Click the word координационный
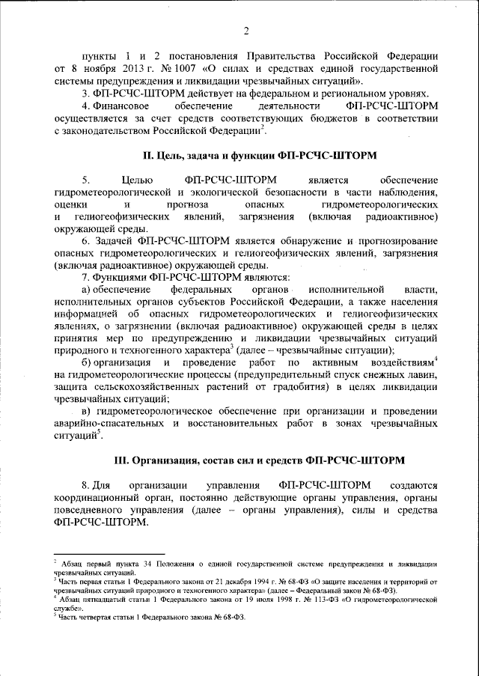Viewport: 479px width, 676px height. click(103, 497)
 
